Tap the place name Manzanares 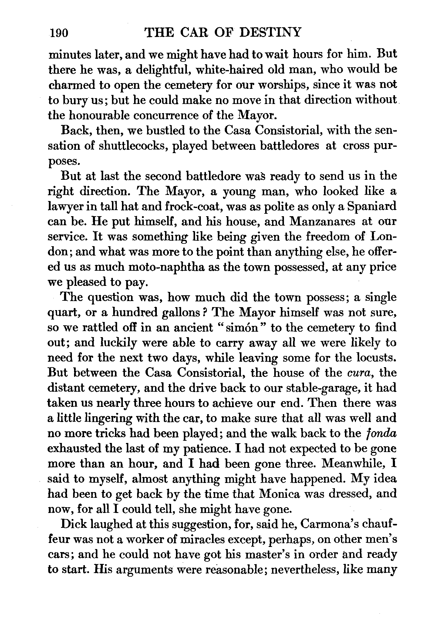322,222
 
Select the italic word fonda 382,434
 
